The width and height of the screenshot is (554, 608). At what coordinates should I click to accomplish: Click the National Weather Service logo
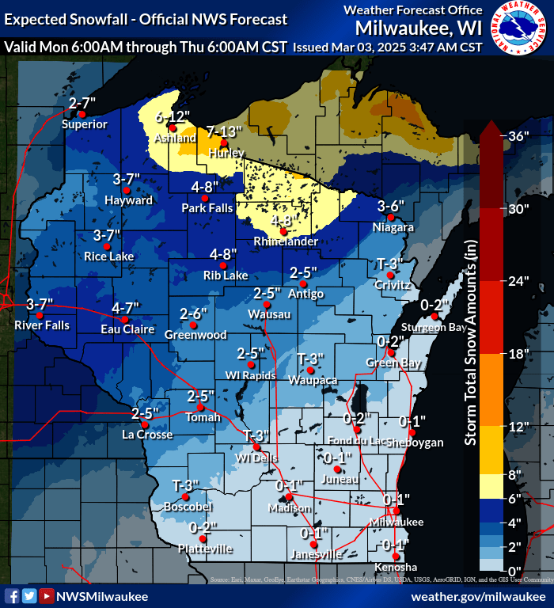520,29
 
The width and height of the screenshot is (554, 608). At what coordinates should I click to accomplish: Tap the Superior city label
84,124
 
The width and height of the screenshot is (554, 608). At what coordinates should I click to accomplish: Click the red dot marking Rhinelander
283,231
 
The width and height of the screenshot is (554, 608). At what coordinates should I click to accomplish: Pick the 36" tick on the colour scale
518,136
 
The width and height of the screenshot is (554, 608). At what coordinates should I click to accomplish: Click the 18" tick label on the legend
518,354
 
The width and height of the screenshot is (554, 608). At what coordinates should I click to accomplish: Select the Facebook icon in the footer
12,596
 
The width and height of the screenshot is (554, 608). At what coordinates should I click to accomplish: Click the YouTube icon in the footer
47,596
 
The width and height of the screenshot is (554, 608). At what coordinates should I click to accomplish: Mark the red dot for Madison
289,497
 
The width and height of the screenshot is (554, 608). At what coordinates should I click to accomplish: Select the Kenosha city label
396,568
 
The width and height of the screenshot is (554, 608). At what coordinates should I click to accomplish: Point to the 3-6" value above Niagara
391,206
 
